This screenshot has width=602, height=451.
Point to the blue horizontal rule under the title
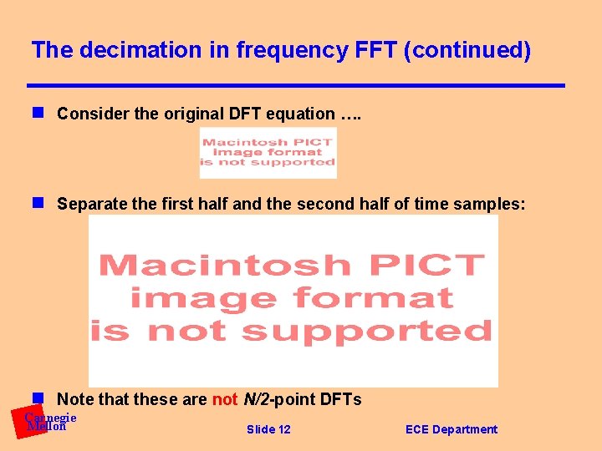[296, 85]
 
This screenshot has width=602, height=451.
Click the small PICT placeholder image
[268, 152]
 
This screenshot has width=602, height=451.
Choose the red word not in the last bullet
[225, 399]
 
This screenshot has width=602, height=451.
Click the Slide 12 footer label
[268, 429]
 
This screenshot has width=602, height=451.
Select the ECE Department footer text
[451, 429]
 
